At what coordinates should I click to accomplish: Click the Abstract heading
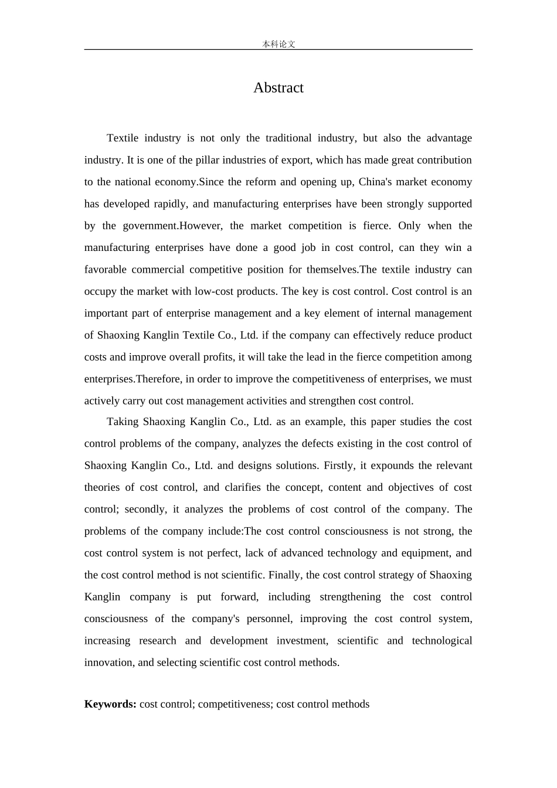(278, 88)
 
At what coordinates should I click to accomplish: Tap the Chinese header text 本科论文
(278, 44)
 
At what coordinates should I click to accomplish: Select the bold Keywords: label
(110, 704)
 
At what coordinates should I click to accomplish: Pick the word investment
(302, 641)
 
